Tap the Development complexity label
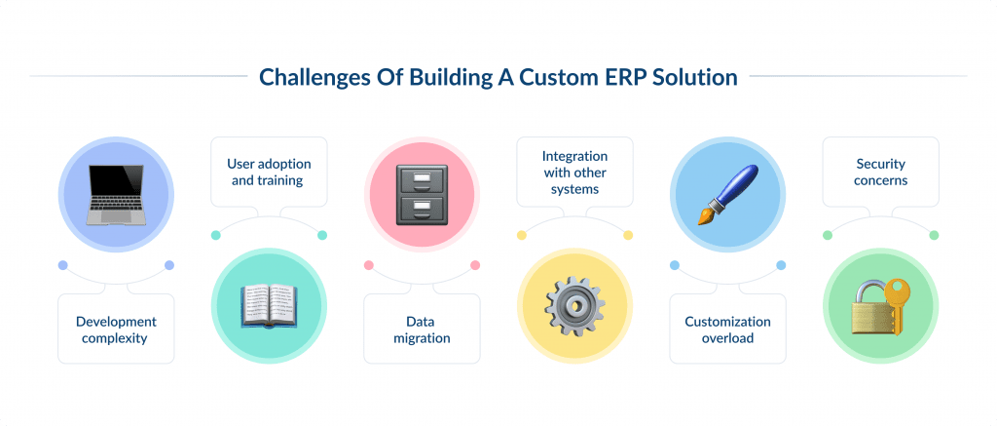tap(116, 329)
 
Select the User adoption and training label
tap(269, 172)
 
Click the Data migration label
tap(422, 329)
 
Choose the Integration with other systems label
tap(574, 172)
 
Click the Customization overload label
tap(727, 329)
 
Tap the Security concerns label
tap(880, 172)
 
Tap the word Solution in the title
tap(695, 76)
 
